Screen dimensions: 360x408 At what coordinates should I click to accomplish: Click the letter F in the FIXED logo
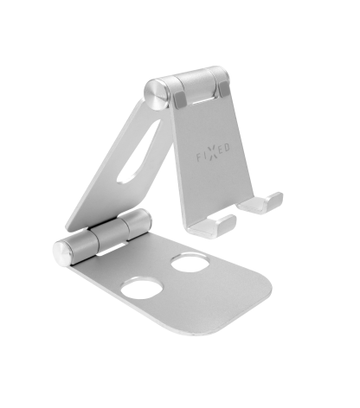(199, 158)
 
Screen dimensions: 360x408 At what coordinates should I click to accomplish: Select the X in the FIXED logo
(213, 152)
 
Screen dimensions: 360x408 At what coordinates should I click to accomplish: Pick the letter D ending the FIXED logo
(227, 148)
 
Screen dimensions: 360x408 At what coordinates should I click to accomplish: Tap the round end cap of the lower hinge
(62, 253)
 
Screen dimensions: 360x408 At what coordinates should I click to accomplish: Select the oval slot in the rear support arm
(139, 151)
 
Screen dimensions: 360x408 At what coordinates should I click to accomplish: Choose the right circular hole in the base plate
(190, 262)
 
